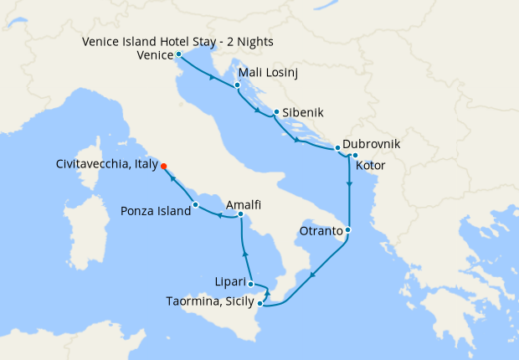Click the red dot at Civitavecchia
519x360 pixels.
[164, 166]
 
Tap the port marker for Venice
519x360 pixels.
[178, 54]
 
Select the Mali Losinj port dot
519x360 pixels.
[239, 85]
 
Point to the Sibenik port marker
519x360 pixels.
[276, 111]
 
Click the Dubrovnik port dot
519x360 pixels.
[337, 148]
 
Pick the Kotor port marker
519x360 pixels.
[355, 155]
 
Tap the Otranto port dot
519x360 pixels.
[347, 229]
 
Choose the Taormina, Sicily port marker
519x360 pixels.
[260, 304]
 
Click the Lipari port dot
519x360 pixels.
[251, 285]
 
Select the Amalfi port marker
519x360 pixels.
[240, 216]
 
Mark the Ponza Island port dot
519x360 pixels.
[195, 204]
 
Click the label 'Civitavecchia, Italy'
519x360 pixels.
[105, 166]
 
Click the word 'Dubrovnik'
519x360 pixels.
[371, 144]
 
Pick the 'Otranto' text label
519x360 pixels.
[321, 230]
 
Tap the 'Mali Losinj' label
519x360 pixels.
[270, 73]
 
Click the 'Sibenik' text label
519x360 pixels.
[303, 111]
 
